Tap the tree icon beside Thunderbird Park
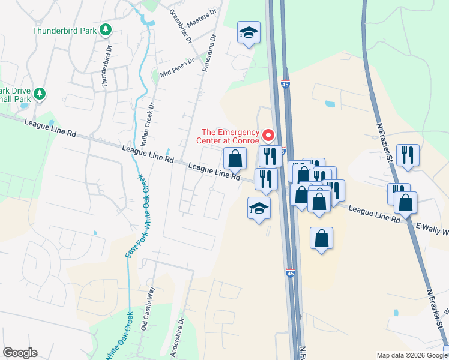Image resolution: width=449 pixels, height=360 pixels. [106, 29]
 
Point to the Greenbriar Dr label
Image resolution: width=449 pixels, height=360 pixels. [180, 27]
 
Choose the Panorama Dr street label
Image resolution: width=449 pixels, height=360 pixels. [208, 55]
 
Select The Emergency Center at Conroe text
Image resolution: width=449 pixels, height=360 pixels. [231, 137]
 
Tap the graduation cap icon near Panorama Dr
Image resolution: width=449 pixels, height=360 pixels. [249, 34]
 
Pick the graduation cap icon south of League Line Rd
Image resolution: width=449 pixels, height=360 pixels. [259, 209]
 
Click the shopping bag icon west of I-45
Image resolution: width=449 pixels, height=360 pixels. [235, 159]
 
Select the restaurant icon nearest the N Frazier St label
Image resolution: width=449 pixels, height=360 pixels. [408, 155]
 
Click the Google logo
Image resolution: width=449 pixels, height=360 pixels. [20, 353]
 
